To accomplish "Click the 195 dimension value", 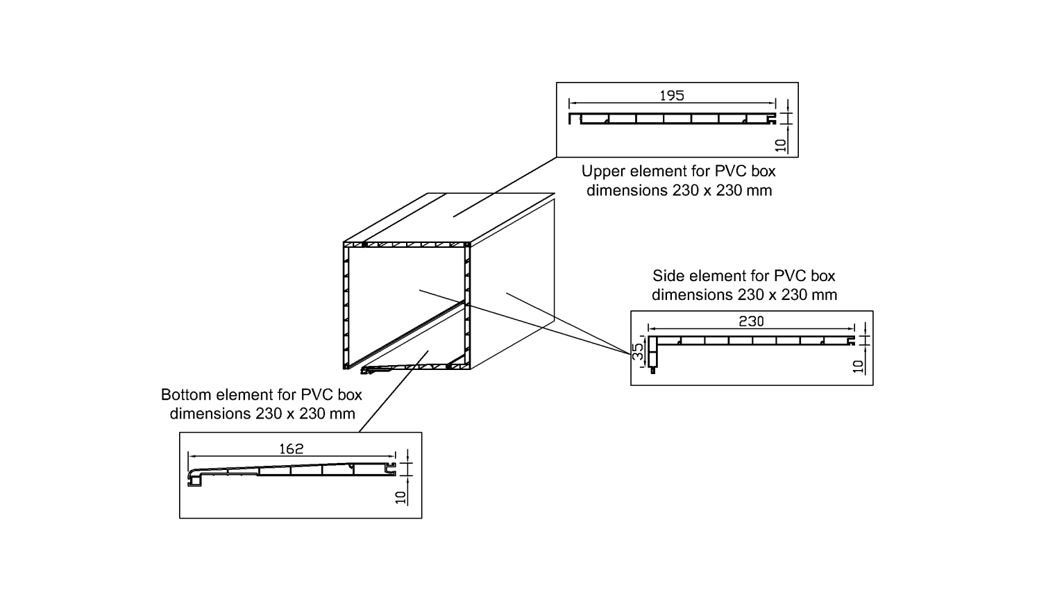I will point(672,96).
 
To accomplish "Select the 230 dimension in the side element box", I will point(751,321).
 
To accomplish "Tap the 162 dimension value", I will point(292,449).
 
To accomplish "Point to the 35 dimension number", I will point(638,351).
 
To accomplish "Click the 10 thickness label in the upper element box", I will point(782,145).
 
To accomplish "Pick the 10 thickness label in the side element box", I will point(859,366).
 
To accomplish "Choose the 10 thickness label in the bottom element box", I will point(400,497).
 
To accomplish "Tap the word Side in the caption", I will point(668,276).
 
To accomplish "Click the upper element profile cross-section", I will point(672,119).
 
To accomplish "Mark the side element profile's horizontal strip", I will point(753,340).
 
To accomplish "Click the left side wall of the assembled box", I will point(346,305).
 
